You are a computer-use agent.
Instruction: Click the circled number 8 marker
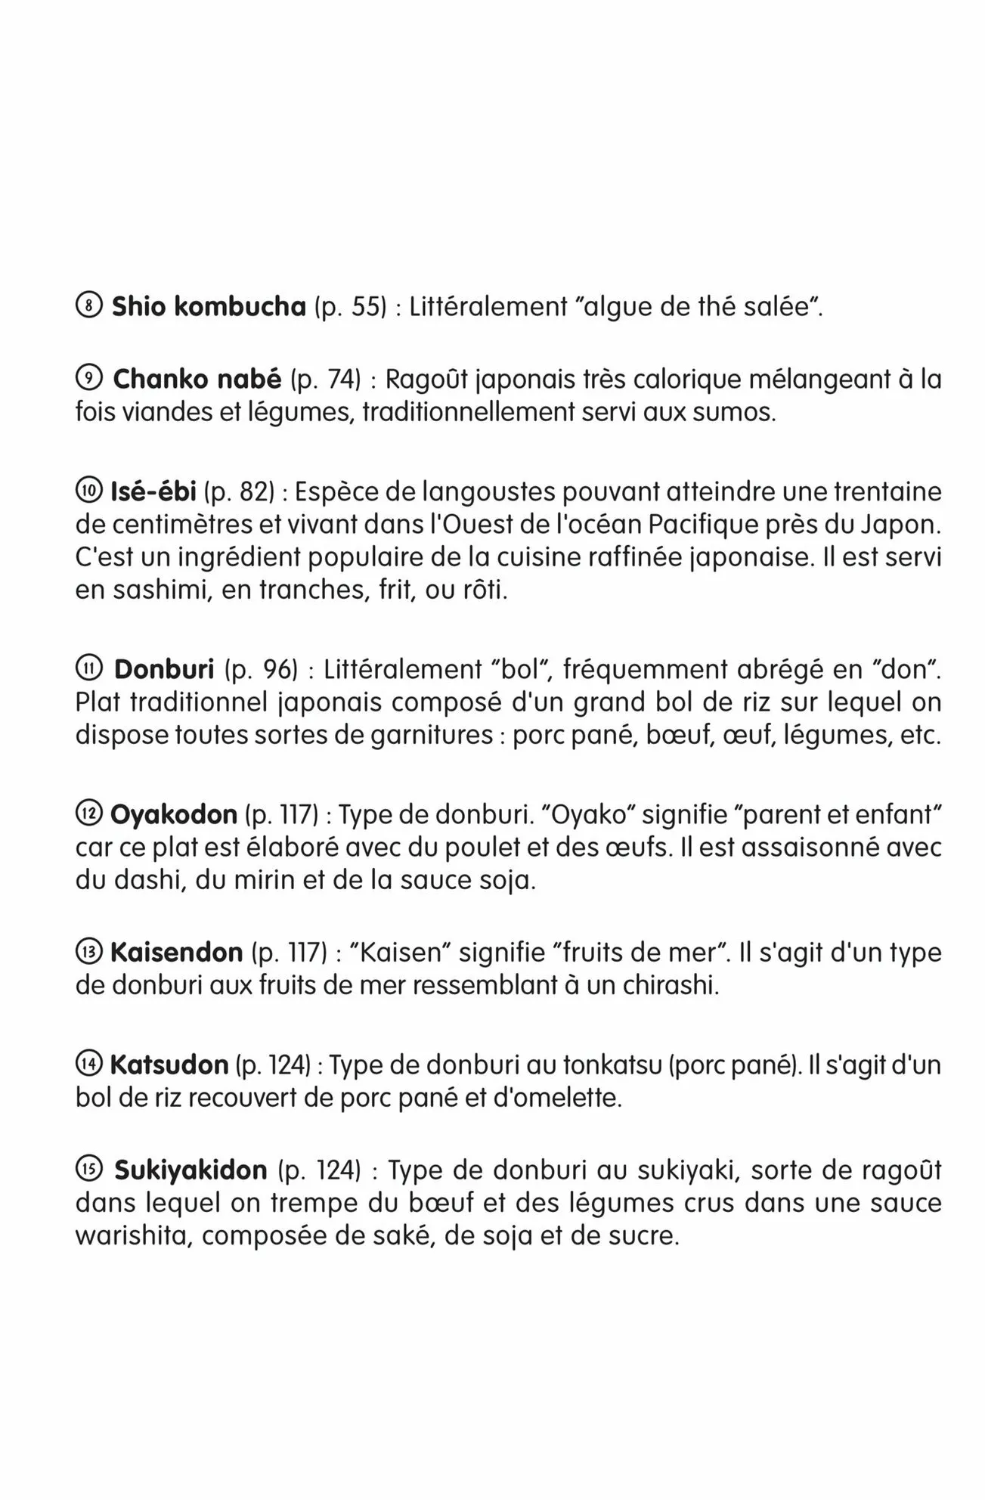pyautogui.click(x=89, y=307)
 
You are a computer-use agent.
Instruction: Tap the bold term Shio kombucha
pyautogui.click(x=209, y=307)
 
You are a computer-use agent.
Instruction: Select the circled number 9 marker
pyautogui.click(x=89, y=379)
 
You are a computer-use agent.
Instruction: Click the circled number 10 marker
pyautogui.click(x=88, y=492)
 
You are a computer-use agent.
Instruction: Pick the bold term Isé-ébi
pyautogui.click(x=153, y=492)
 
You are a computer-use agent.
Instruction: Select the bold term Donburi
pyautogui.click(x=164, y=669)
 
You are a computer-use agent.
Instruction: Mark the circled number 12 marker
pyautogui.click(x=88, y=814)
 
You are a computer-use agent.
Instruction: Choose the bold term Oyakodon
pyautogui.click(x=174, y=814)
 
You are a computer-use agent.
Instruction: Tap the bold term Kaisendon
pyautogui.click(x=176, y=952)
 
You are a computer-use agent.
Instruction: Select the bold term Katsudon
pyautogui.click(x=169, y=1065)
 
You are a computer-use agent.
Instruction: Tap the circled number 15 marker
pyautogui.click(x=89, y=1170)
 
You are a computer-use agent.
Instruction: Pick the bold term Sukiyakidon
pyautogui.click(x=190, y=1170)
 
